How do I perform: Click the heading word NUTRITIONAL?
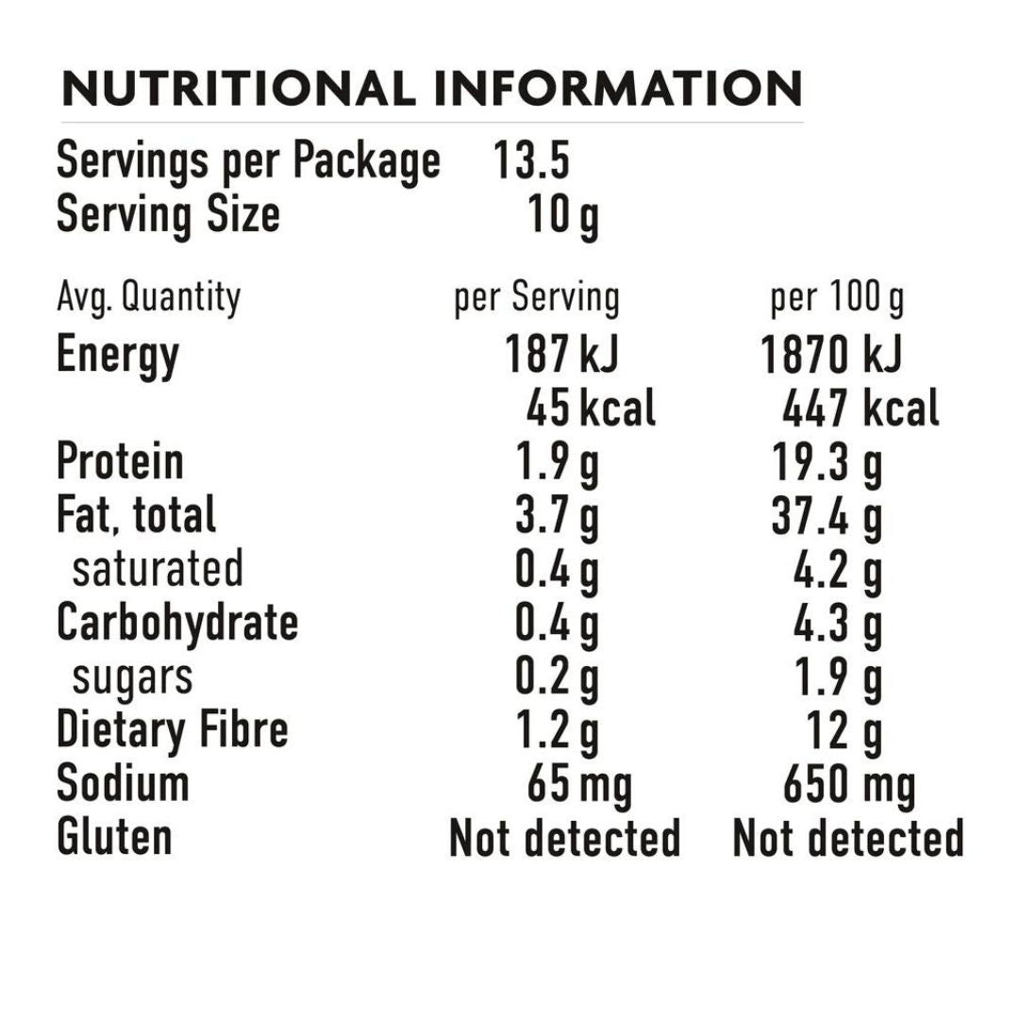[238, 89]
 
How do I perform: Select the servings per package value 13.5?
[531, 162]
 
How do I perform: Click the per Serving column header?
[536, 298]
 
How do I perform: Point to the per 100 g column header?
[836, 298]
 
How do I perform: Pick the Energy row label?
[117, 356]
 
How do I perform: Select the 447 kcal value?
[860, 409]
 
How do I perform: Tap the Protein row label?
[120, 462]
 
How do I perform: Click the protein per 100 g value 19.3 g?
[827, 463]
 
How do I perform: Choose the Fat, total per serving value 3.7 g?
[557, 516]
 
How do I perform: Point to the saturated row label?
[158, 569]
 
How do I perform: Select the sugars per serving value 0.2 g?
[557, 677]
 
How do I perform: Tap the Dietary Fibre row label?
[172, 729]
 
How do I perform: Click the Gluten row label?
[114, 837]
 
